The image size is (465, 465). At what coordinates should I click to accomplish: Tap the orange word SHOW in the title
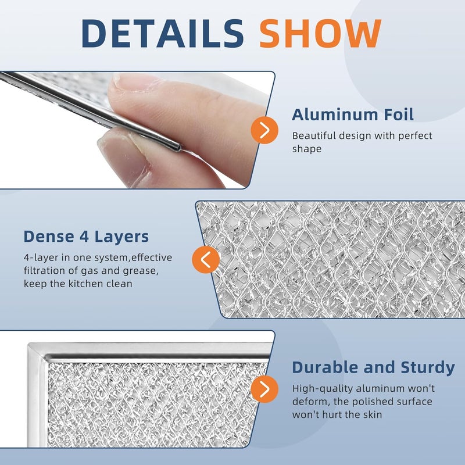pos(320,33)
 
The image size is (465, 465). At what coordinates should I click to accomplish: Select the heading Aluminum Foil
pos(353,115)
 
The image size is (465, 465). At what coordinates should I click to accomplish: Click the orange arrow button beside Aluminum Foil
pos(264,130)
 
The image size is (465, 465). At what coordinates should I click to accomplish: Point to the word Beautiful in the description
pos(314,136)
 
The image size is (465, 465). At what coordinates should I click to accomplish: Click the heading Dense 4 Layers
pos(86,237)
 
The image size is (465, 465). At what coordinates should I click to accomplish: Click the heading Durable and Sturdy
pos(373,367)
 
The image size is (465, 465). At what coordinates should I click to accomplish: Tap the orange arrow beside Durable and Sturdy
pos(264,388)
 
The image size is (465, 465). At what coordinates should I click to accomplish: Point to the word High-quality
pos(320,388)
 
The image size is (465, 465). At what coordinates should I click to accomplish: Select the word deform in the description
pos(309,402)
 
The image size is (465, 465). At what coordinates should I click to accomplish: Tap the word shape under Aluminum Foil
pos(306,149)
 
